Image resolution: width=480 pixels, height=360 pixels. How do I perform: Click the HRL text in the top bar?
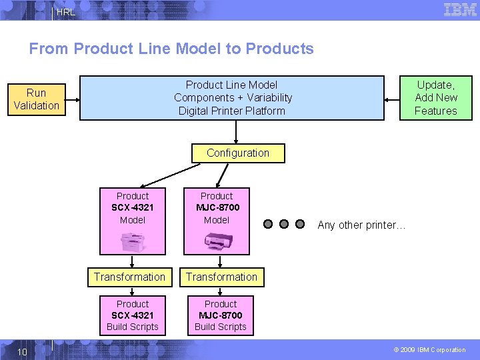[x=66, y=13]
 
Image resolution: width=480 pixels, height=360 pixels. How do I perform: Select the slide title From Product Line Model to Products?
[x=171, y=49]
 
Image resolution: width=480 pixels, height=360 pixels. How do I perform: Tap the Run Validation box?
[x=37, y=99]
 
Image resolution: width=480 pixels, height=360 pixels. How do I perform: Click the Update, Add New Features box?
[x=435, y=98]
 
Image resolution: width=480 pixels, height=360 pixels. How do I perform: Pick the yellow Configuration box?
[x=238, y=153]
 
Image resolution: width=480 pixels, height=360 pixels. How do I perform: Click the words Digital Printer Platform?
[x=231, y=111]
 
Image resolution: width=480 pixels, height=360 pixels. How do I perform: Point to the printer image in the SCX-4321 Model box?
[x=133, y=241]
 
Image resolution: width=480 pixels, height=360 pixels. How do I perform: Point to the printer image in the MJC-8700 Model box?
[x=217, y=241]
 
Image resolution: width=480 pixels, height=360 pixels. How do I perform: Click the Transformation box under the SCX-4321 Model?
[x=129, y=277]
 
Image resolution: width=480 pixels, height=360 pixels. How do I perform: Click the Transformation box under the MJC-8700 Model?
[x=221, y=277]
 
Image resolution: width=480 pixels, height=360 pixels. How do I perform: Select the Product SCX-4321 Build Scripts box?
[x=133, y=315]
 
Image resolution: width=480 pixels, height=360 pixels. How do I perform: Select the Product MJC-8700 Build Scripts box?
[x=221, y=315]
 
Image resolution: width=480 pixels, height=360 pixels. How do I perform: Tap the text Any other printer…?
[x=361, y=225]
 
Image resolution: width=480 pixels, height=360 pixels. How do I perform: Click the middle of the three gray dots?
[x=284, y=224]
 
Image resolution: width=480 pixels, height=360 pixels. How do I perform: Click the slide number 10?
[x=22, y=351]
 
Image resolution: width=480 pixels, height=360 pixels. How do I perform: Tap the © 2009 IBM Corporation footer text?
[x=429, y=350]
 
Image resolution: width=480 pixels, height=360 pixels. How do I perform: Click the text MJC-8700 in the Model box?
[x=217, y=207]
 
